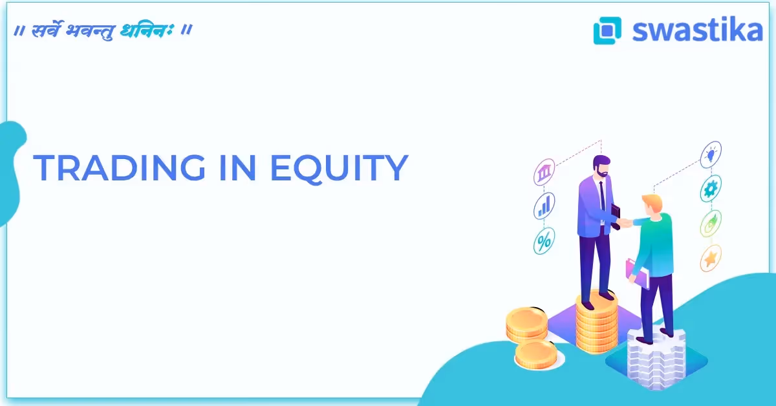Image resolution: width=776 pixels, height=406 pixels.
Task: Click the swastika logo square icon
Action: pos(607,30)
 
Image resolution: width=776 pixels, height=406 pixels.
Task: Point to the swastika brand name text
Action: pos(697,30)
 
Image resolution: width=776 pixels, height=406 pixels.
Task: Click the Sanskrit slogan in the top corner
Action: pos(104,30)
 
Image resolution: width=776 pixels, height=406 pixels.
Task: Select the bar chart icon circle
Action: pos(544,206)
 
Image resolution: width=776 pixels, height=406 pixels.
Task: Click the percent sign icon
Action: pos(544,241)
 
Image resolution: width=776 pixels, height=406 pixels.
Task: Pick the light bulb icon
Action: pos(711,155)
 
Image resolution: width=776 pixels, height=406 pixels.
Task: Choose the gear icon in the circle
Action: pos(711,189)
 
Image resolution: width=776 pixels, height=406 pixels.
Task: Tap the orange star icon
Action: pos(711,259)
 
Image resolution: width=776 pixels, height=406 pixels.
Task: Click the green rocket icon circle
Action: pos(711,224)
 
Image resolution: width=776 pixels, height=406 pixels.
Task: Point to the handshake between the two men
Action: pos(625,222)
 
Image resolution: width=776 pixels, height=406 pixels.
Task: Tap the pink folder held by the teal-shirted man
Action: pos(636,272)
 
